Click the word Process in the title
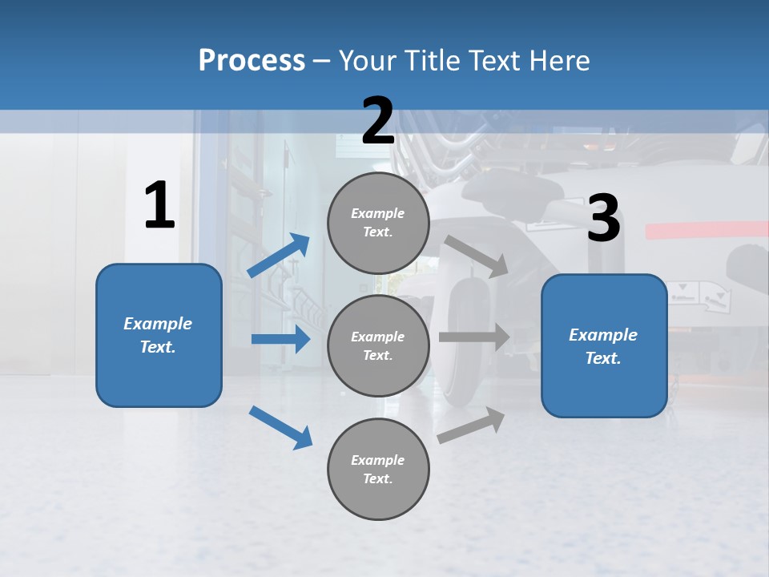click(x=252, y=61)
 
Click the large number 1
click(x=159, y=206)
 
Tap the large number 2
click(x=378, y=121)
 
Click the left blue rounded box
click(x=159, y=335)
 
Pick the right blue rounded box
click(x=604, y=346)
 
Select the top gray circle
click(x=378, y=223)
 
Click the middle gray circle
click(x=378, y=346)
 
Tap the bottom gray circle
click(x=378, y=470)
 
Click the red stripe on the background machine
click(x=705, y=230)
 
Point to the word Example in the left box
click(x=158, y=324)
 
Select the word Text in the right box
click(x=603, y=358)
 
